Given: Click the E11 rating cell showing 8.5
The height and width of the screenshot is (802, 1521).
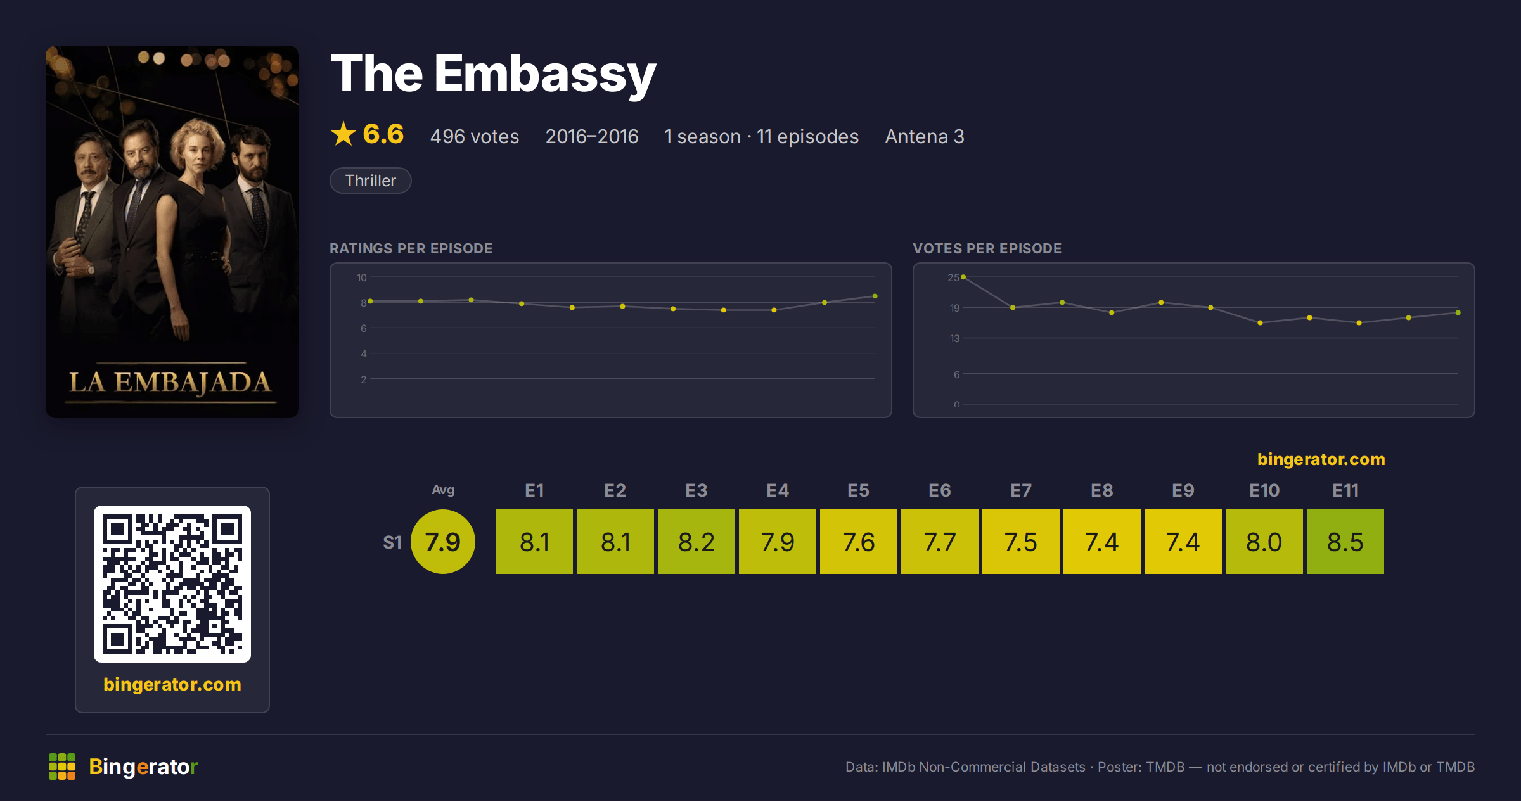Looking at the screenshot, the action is click(x=1345, y=542).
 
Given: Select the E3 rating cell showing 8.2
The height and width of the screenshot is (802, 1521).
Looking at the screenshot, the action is click(x=696, y=542).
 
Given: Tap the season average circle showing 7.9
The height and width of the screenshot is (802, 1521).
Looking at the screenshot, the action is click(x=442, y=542).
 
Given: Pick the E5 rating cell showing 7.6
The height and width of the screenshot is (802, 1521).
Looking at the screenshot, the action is click(x=858, y=542).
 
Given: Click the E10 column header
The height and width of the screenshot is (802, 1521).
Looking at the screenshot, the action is click(x=1264, y=490).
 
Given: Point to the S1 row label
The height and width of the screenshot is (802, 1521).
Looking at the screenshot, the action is click(x=392, y=542).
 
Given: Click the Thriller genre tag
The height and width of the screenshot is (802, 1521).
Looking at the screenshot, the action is click(x=371, y=181).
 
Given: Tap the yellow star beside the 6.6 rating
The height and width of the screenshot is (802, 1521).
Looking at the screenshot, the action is click(x=343, y=134).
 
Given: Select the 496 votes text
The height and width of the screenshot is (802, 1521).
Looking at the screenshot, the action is click(x=475, y=136).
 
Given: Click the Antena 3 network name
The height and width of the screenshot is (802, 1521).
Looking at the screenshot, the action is click(x=925, y=136).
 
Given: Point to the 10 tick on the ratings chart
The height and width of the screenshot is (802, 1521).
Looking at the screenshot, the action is click(x=362, y=277).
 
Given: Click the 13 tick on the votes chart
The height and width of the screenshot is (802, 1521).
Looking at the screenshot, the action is click(x=954, y=338).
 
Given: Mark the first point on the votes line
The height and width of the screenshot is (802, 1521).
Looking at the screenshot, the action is click(x=963, y=277).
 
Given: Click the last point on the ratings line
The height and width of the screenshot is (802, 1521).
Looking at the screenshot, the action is click(x=875, y=296).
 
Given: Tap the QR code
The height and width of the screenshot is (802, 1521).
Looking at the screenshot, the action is click(x=172, y=584).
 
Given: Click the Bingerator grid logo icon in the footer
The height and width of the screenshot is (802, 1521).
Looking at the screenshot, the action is click(x=62, y=767).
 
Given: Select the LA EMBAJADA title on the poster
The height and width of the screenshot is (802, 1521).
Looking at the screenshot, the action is click(x=170, y=383).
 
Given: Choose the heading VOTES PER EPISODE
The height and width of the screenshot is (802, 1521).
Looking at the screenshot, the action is click(x=987, y=248).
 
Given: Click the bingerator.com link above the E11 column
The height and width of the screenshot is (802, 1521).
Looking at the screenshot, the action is click(x=1321, y=459).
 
